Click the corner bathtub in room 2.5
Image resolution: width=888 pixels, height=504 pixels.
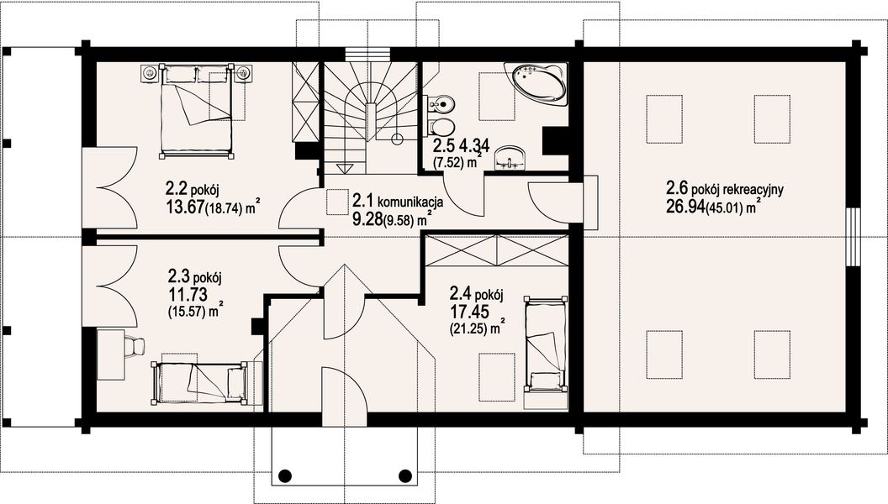536,85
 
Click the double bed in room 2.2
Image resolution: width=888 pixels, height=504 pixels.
197,110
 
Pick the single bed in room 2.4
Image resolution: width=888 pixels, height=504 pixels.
546,343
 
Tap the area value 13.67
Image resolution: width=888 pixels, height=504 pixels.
185,207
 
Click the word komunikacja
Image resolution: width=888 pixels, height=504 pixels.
410,202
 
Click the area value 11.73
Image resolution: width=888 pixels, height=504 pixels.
187,294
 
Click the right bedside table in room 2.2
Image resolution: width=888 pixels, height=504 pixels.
244,73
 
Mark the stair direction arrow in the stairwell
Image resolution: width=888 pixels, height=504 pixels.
344,168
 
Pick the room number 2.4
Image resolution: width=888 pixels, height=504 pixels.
461,294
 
